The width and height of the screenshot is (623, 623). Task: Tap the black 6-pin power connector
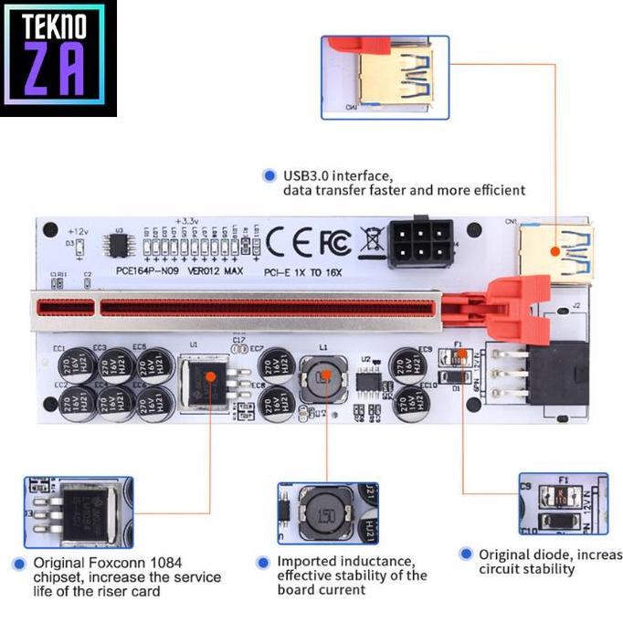[419, 242]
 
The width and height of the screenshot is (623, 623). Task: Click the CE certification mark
[290, 241]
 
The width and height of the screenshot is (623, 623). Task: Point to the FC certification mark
[334, 242]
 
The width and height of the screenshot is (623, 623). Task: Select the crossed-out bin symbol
[372, 242]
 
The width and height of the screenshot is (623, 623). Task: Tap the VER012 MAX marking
[216, 271]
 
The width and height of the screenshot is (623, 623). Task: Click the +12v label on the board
[78, 231]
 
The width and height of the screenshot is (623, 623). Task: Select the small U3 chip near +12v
[118, 245]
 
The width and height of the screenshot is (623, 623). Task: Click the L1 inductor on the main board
[325, 375]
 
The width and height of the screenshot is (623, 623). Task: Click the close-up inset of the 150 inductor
[327, 513]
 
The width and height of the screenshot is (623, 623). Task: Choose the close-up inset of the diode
[563, 502]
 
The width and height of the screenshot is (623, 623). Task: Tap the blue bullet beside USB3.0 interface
[269, 175]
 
